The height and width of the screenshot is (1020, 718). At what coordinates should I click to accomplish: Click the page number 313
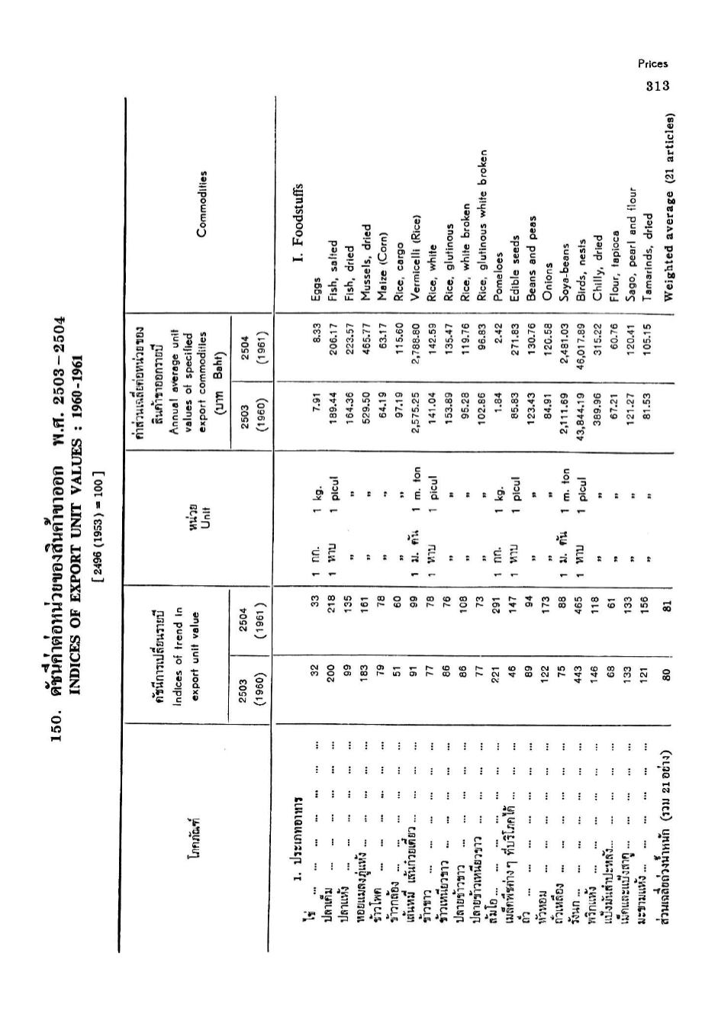[656, 85]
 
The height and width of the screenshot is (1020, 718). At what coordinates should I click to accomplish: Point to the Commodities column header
[202, 204]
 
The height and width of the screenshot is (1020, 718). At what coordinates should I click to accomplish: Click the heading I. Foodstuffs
[299, 221]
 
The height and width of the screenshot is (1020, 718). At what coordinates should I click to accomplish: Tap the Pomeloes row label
[498, 279]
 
